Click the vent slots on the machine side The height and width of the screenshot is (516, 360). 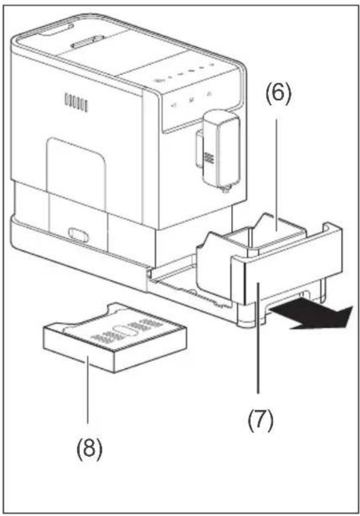coord(76,103)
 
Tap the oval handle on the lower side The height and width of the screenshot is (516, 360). coord(78,235)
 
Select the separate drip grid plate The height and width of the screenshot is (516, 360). coord(116,337)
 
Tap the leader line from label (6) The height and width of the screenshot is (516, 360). coord(277,175)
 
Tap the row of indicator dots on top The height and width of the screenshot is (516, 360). coord(188,73)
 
